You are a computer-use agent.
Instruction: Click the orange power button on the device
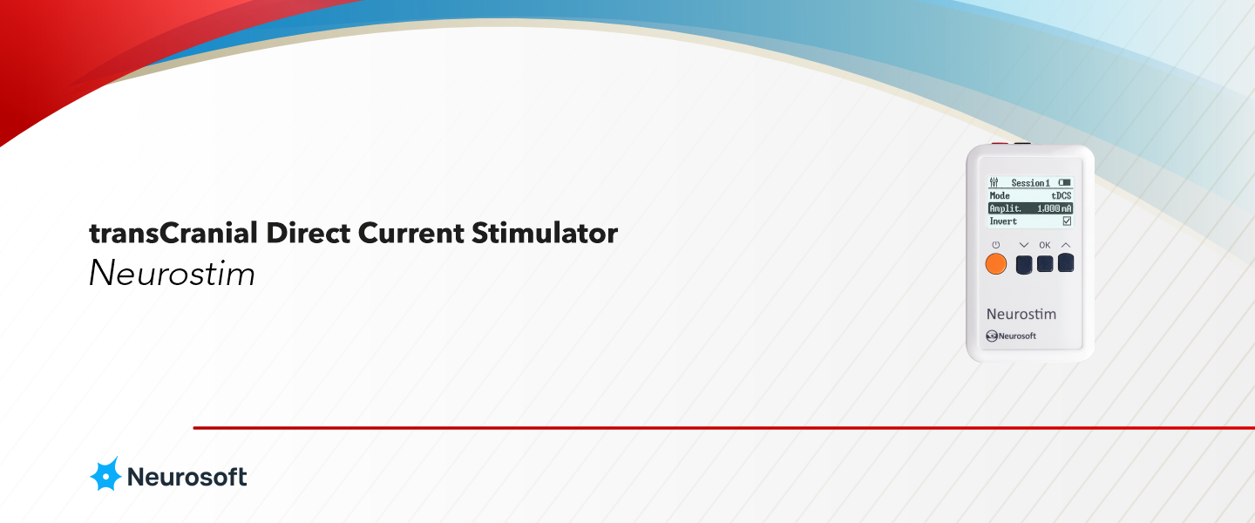tap(995, 264)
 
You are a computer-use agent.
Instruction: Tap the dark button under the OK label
tap(1045, 264)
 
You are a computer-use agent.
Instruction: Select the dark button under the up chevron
tap(1066, 262)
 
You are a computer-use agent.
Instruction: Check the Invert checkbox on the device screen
tap(1067, 221)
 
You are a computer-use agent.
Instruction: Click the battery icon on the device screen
tap(1064, 183)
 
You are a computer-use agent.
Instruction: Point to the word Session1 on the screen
tap(1030, 183)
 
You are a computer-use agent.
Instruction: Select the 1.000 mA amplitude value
tap(1054, 209)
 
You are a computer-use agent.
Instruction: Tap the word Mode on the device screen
tap(1000, 196)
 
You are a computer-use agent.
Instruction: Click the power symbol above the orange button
tap(995, 245)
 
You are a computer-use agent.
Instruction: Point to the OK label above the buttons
tap(1045, 245)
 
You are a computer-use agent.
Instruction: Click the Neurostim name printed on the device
tap(1021, 314)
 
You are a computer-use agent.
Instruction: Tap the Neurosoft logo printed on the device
tap(1011, 336)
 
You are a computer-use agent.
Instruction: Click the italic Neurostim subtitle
tap(172, 274)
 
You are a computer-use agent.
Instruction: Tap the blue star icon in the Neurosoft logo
tap(105, 474)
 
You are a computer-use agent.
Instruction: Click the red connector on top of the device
tap(1001, 145)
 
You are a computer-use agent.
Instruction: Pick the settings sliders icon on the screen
tap(994, 183)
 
